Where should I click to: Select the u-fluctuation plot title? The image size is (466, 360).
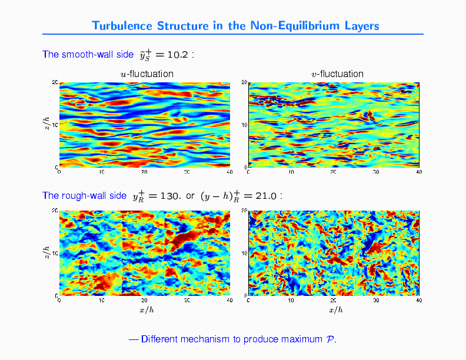click(147, 74)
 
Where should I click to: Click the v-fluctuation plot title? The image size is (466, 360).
click(337, 74)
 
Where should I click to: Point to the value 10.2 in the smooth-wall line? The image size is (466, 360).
click(177, 55)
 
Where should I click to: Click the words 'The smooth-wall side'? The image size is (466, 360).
click(88, 55)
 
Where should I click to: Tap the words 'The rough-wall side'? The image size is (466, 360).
click(84, 195)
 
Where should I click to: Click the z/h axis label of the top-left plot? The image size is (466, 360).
click(46, 124)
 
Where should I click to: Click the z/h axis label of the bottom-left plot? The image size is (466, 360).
click(46, 252)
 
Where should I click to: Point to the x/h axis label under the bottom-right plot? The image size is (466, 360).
click(335, 310)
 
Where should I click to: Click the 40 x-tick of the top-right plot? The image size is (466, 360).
click(418, 172)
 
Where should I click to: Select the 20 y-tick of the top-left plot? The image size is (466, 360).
click(54, 82)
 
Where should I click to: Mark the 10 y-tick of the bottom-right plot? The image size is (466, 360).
click(244, 253)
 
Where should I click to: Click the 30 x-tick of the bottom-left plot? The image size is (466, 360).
click(187, 301)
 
